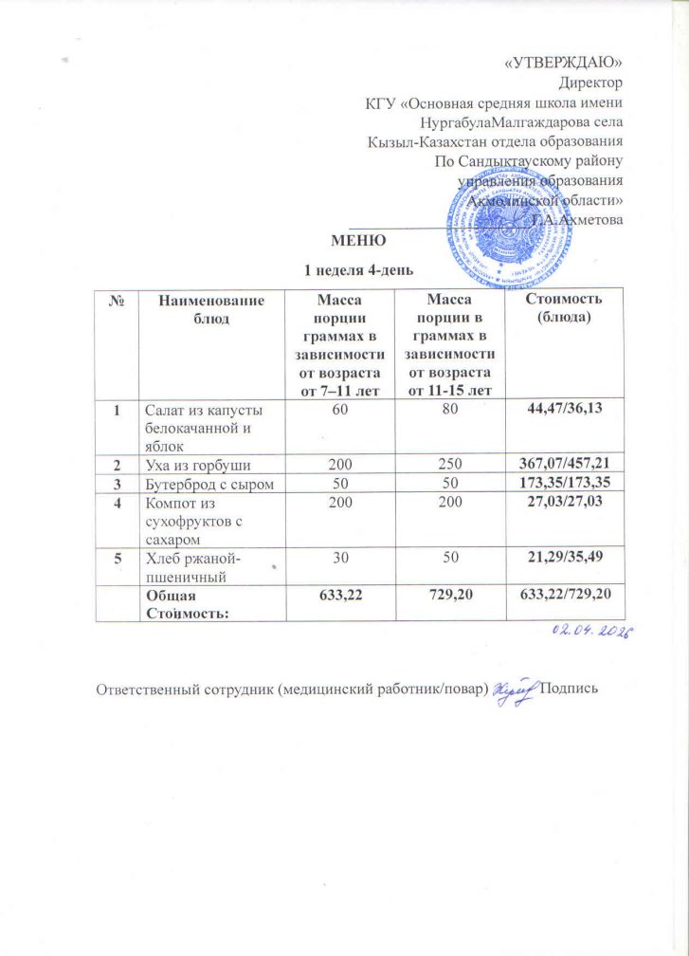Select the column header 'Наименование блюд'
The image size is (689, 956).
click(x=210, y=309)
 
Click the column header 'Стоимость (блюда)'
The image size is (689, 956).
click(x=563, y=309)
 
